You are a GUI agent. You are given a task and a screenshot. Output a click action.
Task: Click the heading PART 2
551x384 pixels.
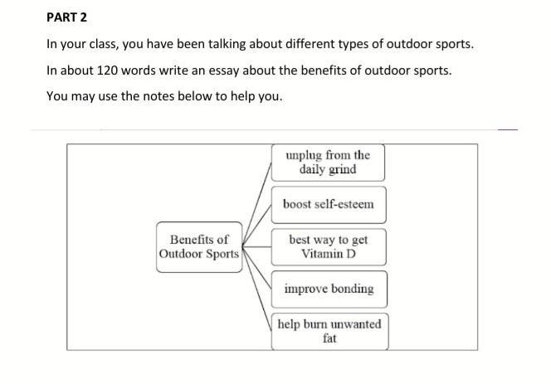pos(66,17)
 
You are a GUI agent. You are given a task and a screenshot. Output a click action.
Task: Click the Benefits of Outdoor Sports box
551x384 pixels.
pos(198,246)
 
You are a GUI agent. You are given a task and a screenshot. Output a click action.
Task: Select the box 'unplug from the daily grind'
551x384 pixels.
pos(328,163)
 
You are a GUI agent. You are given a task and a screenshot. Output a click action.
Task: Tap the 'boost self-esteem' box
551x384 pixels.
pos(328,204)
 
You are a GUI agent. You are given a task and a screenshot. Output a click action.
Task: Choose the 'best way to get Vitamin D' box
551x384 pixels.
pos(328,246)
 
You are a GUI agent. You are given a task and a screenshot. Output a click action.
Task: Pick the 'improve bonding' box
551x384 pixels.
pos(328,289)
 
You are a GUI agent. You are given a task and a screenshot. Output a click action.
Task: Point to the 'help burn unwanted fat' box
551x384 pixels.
pos(329,331)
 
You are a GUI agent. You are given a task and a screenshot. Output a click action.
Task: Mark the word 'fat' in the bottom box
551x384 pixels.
pos(329,338)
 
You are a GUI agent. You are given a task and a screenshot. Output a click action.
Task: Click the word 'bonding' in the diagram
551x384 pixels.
pos(352,289)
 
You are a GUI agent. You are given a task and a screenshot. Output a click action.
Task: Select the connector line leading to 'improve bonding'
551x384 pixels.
pos(257,273)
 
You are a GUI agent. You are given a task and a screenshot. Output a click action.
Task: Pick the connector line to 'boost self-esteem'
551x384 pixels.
pos(258,223)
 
